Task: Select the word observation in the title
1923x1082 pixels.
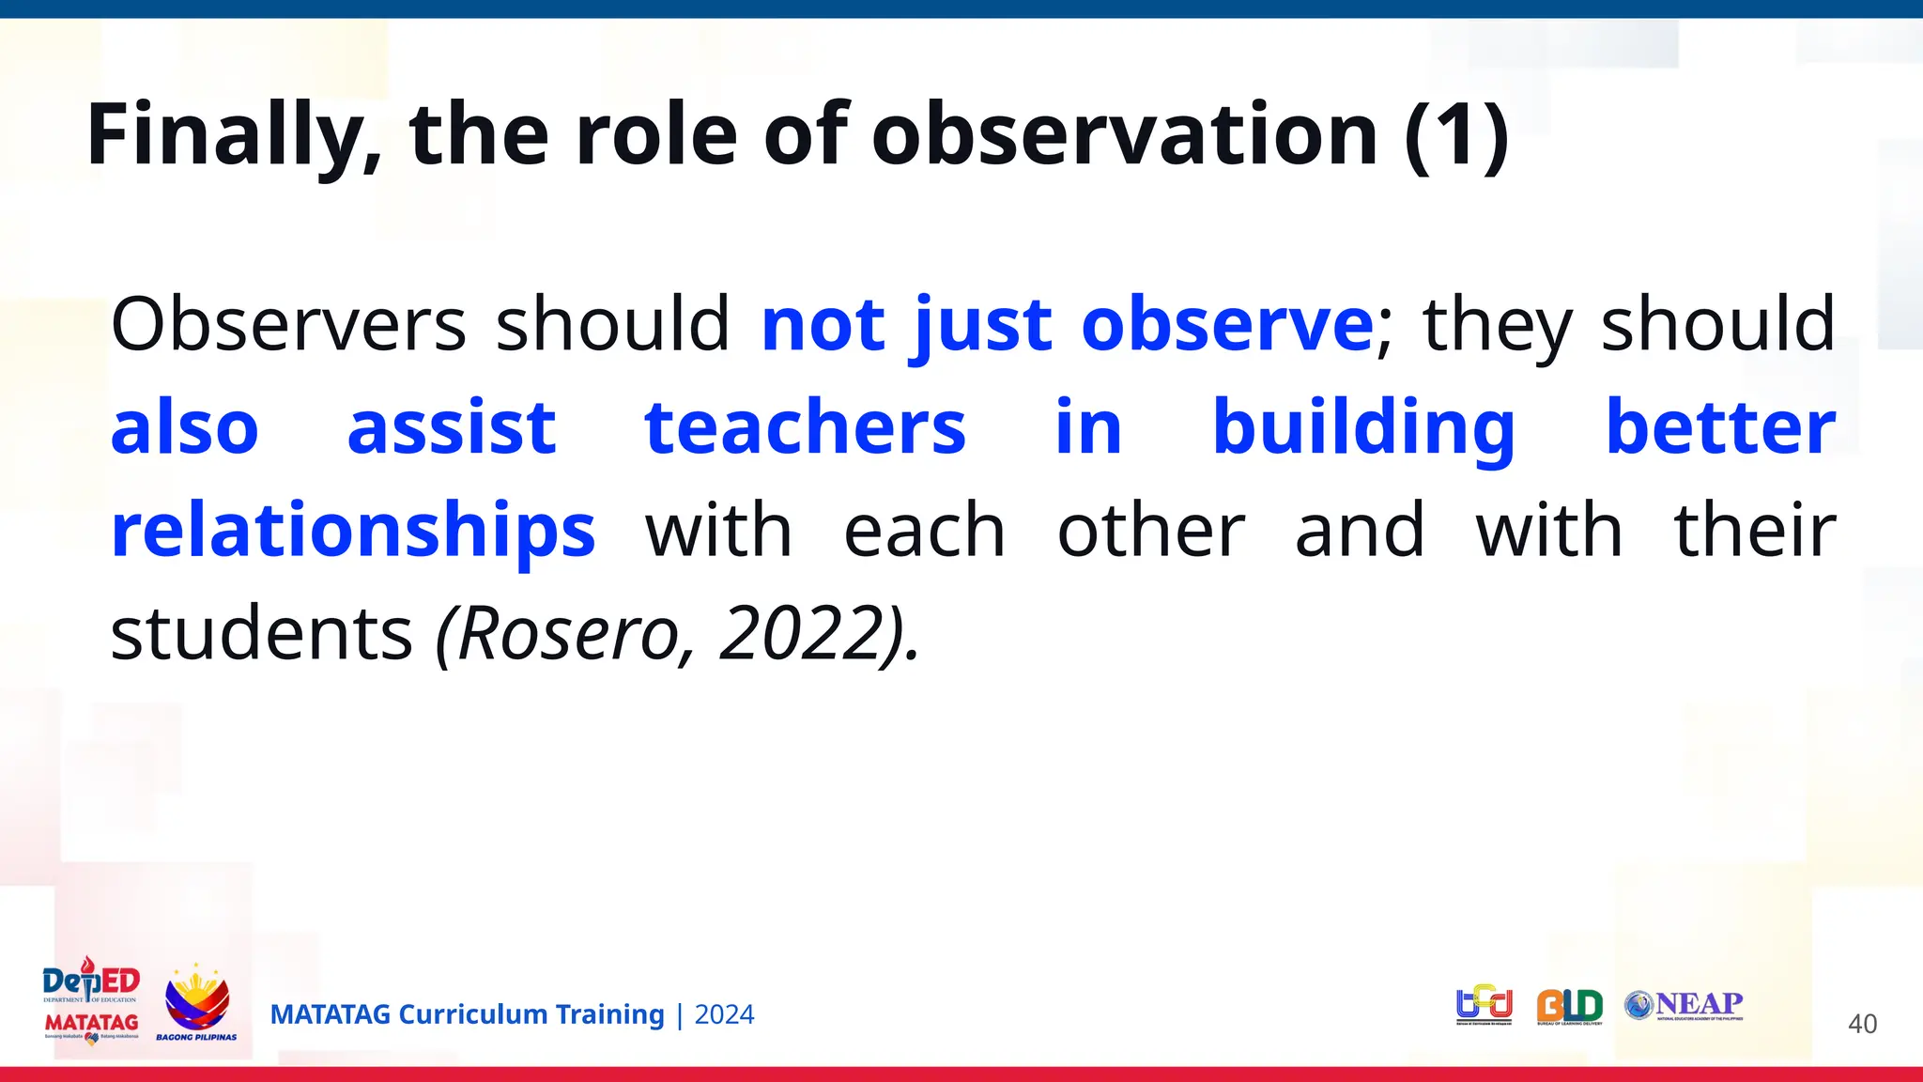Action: tap(1124, 136)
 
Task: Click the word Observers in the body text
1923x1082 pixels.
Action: tap(287, 324)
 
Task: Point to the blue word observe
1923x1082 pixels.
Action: tap(1227, 324)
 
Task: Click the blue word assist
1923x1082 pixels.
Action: tap(452, 427)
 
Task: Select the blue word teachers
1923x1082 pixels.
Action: tap(805, 427)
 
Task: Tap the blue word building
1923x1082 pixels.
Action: tap(1363, 427)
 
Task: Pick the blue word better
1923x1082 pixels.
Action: tap(1720, 427)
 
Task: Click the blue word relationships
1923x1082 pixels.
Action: tap(353, 531)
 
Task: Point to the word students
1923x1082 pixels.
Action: tap(261, 634)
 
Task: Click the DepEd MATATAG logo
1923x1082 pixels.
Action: tap(91, 1001)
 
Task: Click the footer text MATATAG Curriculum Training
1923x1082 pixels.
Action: tap(467, 1014)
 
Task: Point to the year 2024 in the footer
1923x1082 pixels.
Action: tap(724, 1014)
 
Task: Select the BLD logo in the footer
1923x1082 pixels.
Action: tap(1569, 1007)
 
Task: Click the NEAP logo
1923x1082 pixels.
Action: tap(1685, 1005)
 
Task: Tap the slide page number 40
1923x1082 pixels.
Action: tap(1862, 1024)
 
